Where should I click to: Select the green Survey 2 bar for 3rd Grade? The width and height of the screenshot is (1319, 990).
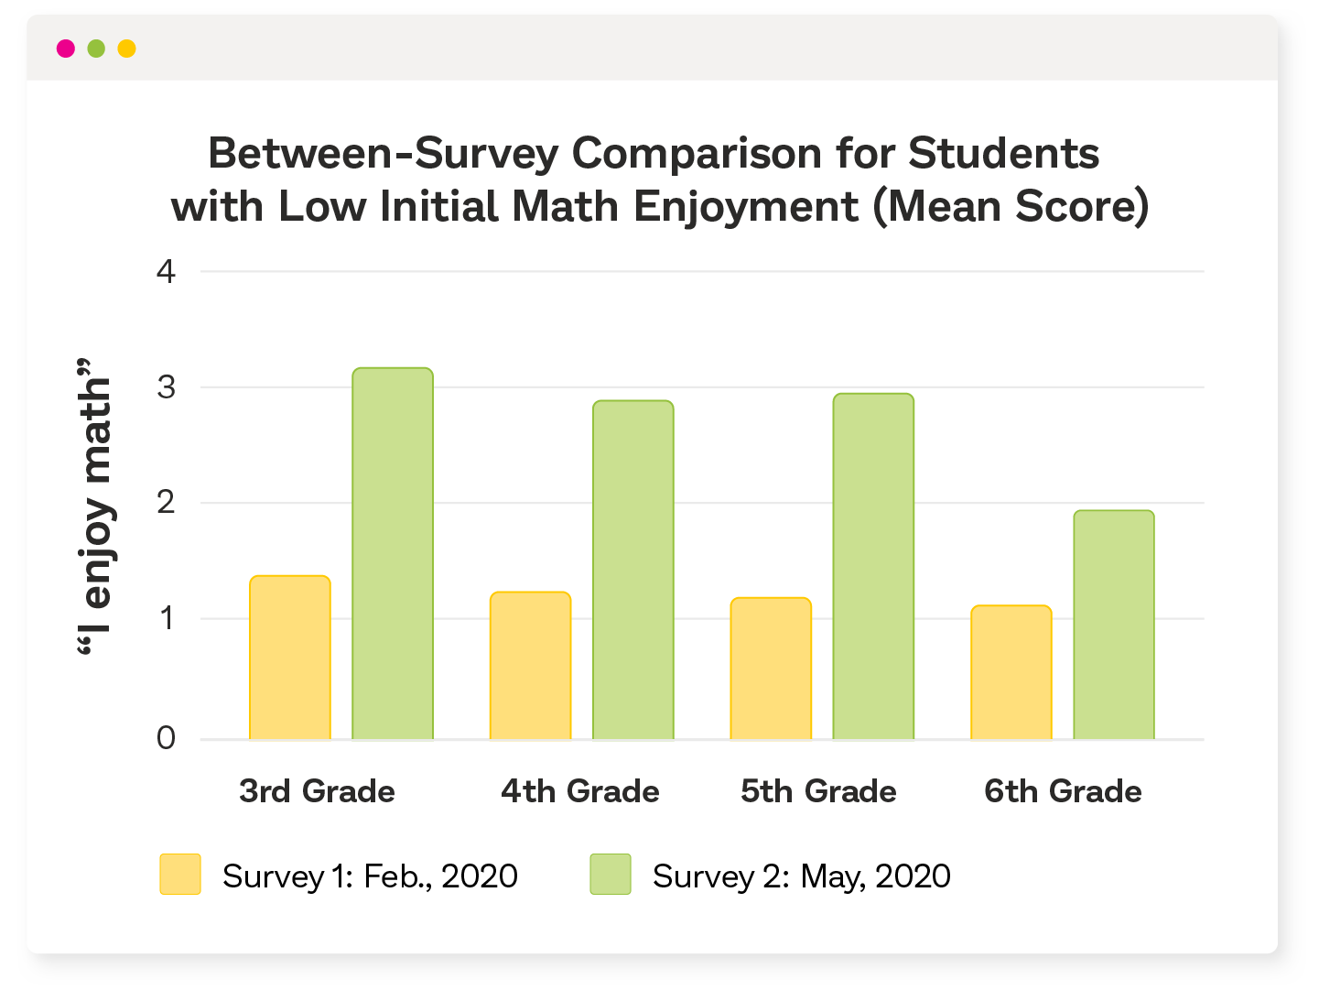[x=393, y=553]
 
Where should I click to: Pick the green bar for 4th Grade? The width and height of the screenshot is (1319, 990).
[x=633, y=570]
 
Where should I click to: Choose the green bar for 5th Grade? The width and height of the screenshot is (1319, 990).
[x=873, y=566]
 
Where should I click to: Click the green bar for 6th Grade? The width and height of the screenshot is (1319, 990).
[x=1114, y=625]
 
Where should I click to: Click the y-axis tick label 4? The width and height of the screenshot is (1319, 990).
[x=166, y=271]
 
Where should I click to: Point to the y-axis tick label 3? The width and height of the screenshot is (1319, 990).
[x=166, y=387]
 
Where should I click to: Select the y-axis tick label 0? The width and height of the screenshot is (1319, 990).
[x=166, y=737]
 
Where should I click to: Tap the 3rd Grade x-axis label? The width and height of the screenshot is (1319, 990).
[x=317, y=791]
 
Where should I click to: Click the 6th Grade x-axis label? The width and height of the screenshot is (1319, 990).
[x=1063, y=791]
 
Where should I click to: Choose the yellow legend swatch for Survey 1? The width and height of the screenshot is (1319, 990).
[x=180, y=875]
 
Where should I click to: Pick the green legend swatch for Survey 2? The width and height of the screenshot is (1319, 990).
[x=611, y=875]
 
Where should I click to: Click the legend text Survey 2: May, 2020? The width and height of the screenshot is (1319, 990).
[x=801, y=876]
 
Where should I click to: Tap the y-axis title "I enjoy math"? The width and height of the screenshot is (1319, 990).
[x=94, y=506]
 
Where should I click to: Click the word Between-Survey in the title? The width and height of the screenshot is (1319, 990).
[x=383, y=153]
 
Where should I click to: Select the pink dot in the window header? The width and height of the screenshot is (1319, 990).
[x=66, y=49]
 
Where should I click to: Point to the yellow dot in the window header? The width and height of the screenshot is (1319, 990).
[x=127, y=49]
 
